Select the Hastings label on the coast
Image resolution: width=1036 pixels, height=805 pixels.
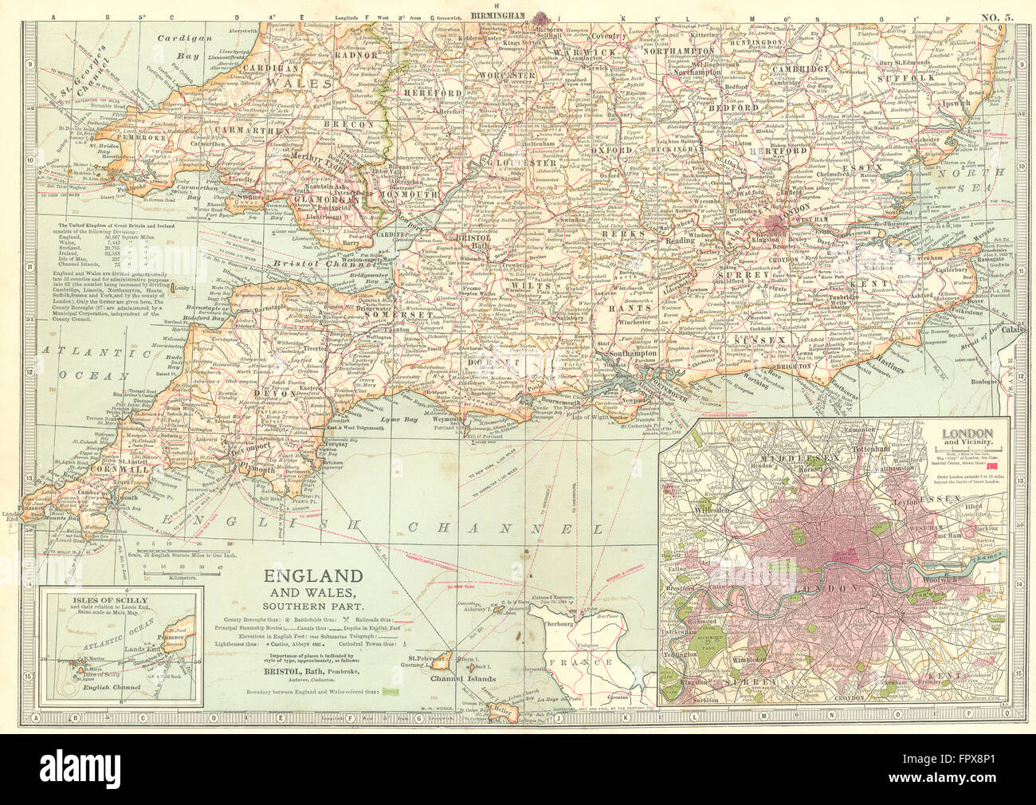pos(894,367)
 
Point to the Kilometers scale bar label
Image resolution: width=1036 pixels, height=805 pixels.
pos(164,574)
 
